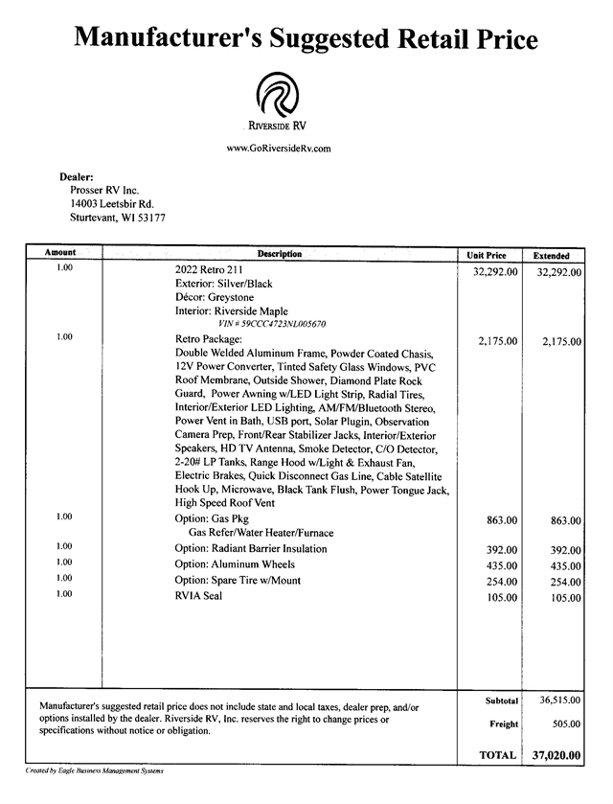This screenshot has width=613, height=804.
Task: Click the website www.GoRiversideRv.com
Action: coord(279,149)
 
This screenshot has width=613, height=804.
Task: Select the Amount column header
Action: coord(60,253)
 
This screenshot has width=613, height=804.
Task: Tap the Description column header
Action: coord(280,254)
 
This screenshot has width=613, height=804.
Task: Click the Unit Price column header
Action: coord(487,256)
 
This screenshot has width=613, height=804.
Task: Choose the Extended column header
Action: coord(551,256)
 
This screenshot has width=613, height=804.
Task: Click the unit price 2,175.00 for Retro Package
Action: coord(497,341)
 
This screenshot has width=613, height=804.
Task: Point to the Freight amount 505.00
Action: coord(564,724)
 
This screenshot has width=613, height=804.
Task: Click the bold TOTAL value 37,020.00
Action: coord(556,756)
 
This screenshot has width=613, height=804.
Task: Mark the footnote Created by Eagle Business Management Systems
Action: coord(95,771)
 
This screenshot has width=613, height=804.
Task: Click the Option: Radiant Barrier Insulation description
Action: coord(251,549)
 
